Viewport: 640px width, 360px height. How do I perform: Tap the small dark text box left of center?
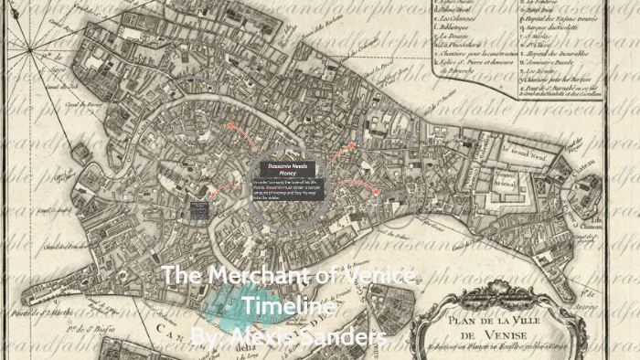tap(199, 209)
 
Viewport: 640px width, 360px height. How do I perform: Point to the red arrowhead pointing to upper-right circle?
tap(351, 145)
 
